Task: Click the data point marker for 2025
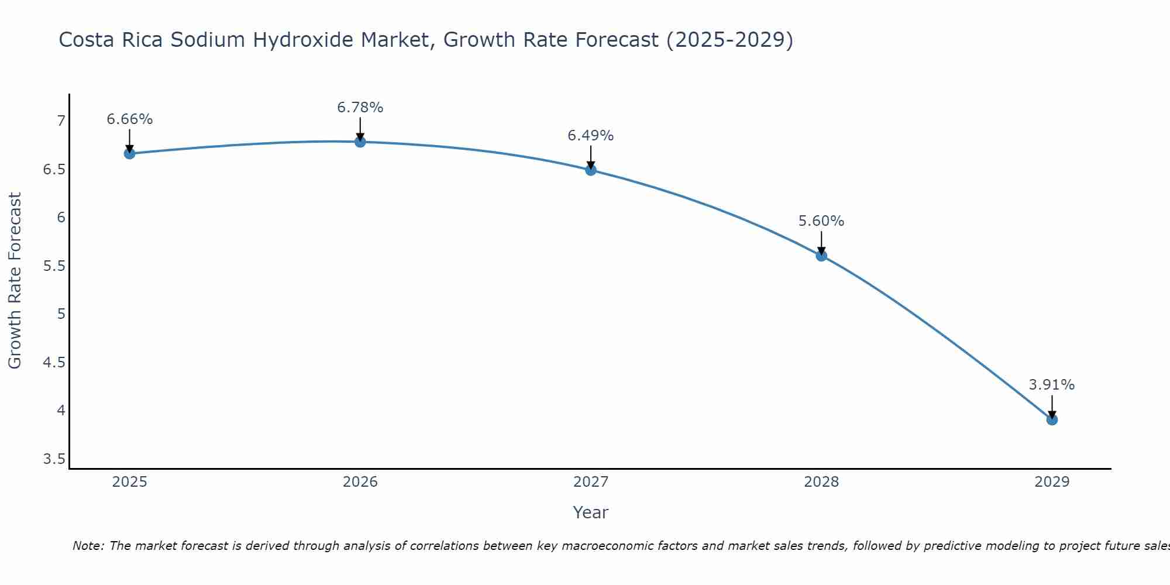(x=129, y=154)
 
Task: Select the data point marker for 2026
(x=360, y=142)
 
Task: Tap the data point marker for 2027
(x=591, y=170)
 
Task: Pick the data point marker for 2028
(x=821, y=256)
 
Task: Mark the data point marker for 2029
(x=1052, y=419)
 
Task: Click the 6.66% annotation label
(x=129, y=119)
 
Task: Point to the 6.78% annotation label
(x=360, y=108)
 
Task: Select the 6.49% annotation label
(x=591, y=136)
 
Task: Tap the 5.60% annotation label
(x=821, y=221)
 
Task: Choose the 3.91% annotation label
(x=1052, y=385)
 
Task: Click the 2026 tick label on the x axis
(x=360, y=482)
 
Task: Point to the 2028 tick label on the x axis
(x=821, y=482)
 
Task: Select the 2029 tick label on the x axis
(x=1052, y=482)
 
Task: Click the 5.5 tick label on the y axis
(x=54, y=266)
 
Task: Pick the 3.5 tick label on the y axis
(x=54, y=459)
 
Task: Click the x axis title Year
(x=591, y=512)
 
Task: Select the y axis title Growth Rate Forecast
(x=15, y=281)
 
